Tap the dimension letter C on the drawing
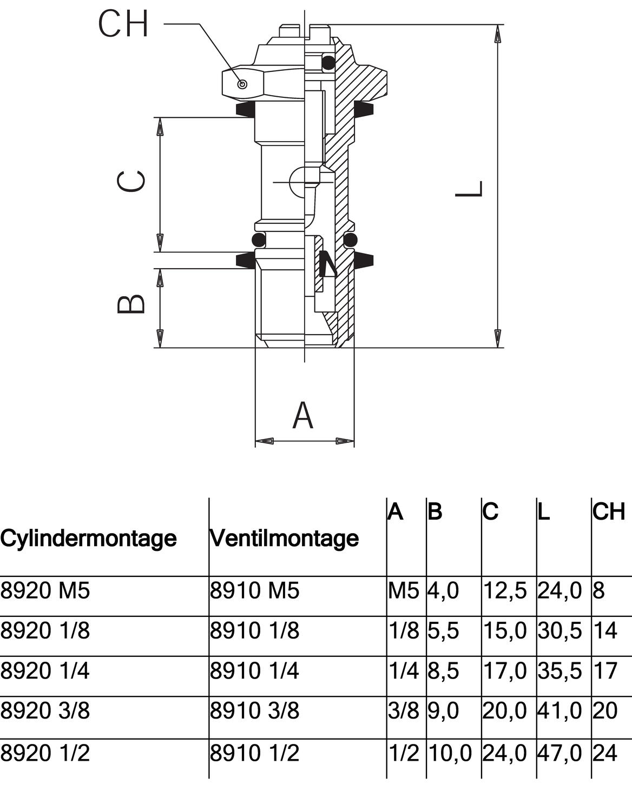[131, 182]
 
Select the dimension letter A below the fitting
[303, 415]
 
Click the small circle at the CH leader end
[243, 84]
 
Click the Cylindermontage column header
[88, 538]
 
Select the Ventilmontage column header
[284, 538]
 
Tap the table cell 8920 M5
[45, 590]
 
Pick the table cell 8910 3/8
[254, 710]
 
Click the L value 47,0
[559, 753]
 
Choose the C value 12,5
[504, 590]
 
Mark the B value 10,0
[450, 753]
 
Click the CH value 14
[605, 630]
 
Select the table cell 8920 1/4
[45, 670]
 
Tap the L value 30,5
[559, 630]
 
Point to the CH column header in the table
[609, 511]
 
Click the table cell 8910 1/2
[254, 753]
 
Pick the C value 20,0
[504, 710]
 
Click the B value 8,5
[443, 670]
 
